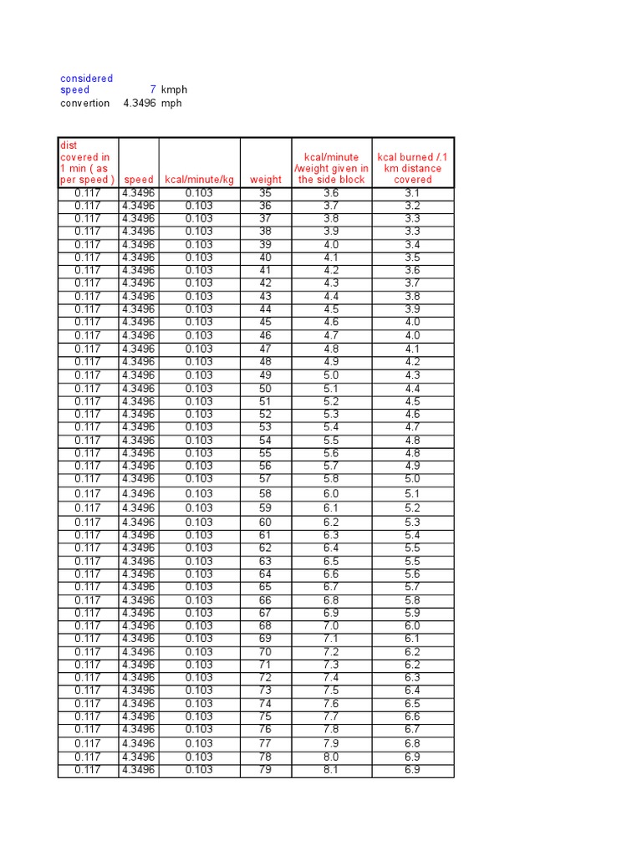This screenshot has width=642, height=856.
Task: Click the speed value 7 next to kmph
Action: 152,89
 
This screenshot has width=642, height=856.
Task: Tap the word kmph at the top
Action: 174,89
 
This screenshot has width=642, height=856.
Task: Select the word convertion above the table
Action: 84,103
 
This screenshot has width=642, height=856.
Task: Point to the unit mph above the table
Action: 171,103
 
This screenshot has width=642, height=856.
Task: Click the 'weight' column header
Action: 266,180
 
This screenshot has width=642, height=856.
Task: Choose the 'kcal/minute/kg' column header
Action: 199,180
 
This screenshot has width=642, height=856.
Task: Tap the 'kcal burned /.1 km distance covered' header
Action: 413,168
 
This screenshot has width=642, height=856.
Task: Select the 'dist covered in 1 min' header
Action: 87,162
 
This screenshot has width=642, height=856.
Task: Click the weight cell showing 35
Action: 266,193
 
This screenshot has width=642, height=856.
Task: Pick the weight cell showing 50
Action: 266,389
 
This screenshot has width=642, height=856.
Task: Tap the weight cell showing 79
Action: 266,770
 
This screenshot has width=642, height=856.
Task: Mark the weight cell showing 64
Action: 266,574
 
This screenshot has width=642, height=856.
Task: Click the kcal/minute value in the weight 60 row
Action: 331,522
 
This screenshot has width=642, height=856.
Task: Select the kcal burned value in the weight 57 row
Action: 413,479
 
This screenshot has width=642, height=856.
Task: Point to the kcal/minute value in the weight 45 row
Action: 331,323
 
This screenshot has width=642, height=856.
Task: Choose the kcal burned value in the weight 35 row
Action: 413,193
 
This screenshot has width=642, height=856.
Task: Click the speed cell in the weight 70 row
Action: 138,652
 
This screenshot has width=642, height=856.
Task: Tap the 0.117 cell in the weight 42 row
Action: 87,283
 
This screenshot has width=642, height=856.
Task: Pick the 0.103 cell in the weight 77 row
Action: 199,743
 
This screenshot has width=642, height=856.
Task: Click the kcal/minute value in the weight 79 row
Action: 331,770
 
